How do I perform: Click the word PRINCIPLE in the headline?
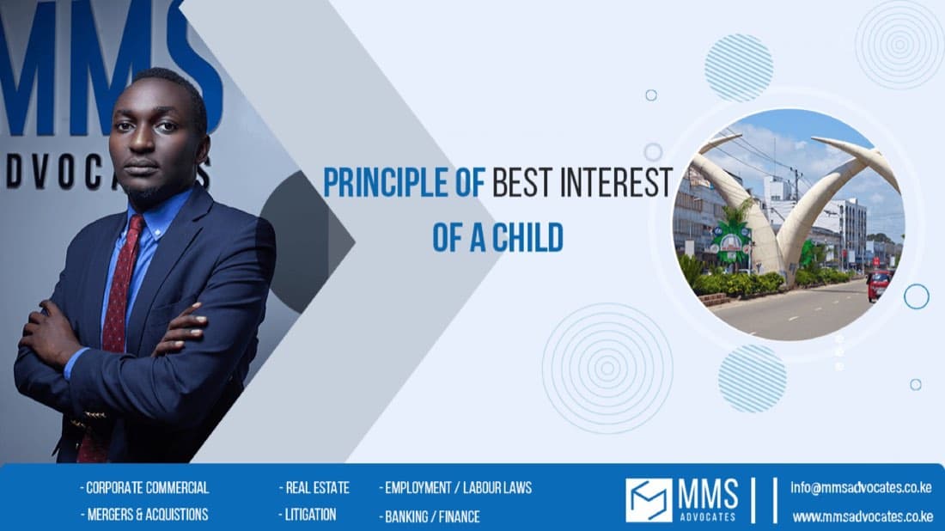click(386, 183)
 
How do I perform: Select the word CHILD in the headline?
click(528, 237)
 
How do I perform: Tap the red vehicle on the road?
click(880, 284)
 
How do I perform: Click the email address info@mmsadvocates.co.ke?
click(861, 487)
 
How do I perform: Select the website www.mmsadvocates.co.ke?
click(863, 516)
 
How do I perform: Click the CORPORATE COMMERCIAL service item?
click(144, 487)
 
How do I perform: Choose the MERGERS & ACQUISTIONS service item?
click(144, 514)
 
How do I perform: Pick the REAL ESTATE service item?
click(314, 487)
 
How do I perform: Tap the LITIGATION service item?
click(308, 514)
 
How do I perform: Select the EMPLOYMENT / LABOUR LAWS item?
click(455, 487)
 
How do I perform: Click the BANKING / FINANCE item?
click(430, 516)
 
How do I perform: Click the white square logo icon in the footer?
click(649, 500)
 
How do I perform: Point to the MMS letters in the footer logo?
click(708, 496)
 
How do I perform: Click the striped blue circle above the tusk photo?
click(739, 68)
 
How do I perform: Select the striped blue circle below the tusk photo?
click(753, 379)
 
